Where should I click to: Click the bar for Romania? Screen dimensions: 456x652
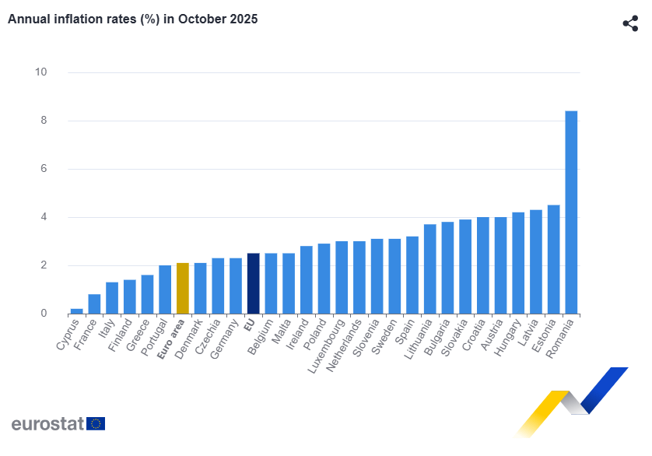tap(571, 212)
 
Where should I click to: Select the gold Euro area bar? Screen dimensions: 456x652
tap(183, 288)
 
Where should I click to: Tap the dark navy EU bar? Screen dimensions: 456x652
tap(253, 283)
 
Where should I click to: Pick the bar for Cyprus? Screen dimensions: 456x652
tap(76, 311)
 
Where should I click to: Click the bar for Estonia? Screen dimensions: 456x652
tap(553, 259)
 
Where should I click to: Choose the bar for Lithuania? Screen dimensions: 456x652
tap(429, 269)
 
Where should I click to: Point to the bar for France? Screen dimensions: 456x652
tap(94, 304)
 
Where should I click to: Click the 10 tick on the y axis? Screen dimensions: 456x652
tap(40, 72)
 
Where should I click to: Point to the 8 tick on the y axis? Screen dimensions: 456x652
tap(44, 121)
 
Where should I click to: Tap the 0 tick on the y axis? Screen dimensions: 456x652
tap(44, 314)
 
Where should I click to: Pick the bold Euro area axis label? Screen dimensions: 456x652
tap(171, 339)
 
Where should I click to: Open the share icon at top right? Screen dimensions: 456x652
tap(630, 23)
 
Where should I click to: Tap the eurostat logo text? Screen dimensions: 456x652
tap(47, 424)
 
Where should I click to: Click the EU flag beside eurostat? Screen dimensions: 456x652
tap(96, 424)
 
